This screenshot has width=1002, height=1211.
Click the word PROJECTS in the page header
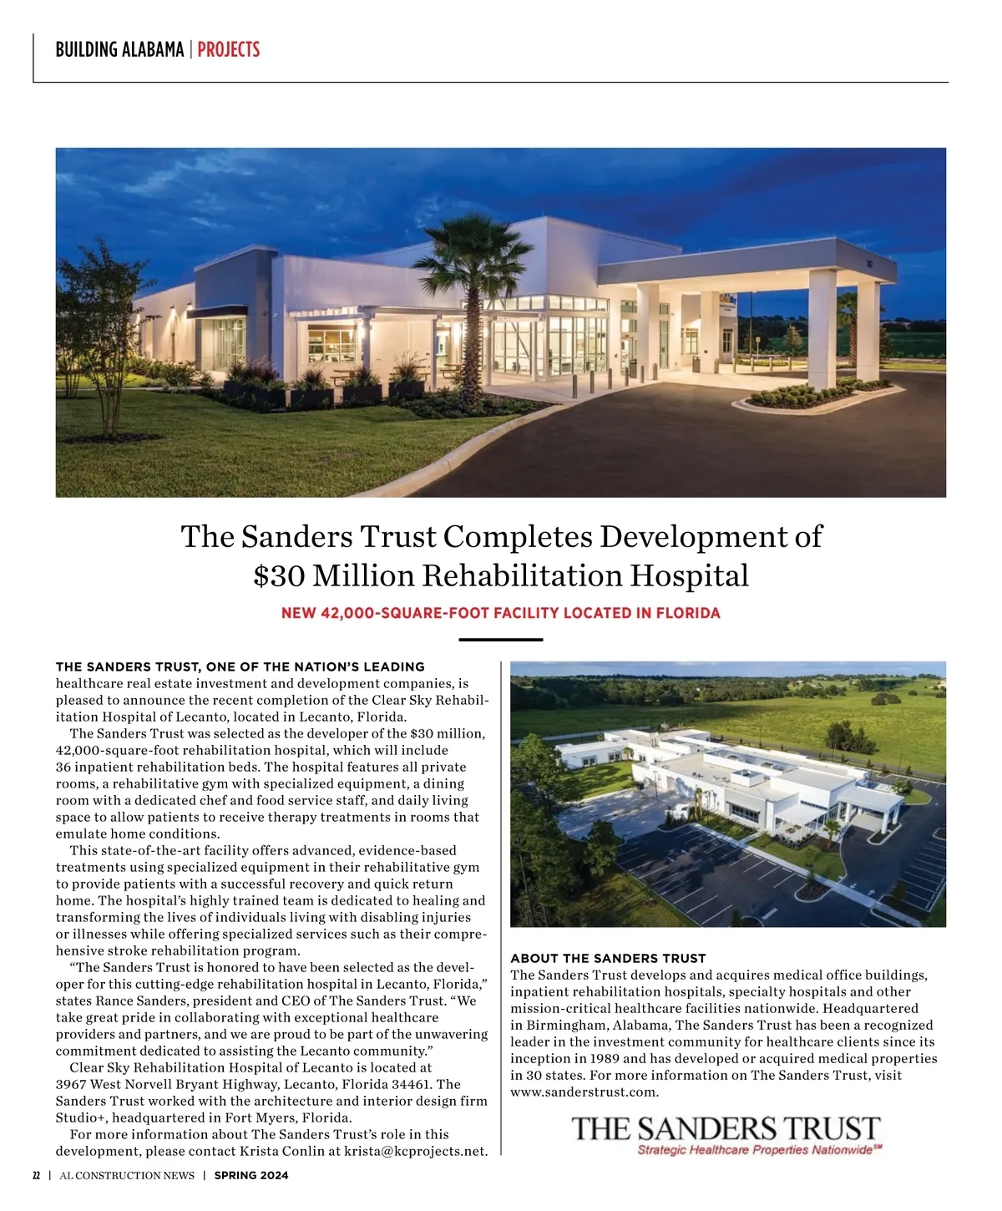coord(228,49)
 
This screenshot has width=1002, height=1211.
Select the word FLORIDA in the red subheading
coord(688,613)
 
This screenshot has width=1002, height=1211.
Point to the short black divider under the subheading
coord(501,640)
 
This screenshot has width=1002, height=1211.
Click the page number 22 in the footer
coord(36,1175)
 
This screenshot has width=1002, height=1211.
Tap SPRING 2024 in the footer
coord(251,1175)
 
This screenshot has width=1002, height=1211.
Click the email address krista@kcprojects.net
coord(416,1151)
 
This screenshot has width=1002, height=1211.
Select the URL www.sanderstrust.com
coord(584,1092)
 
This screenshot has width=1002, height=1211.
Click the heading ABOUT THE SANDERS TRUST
coord(608,958)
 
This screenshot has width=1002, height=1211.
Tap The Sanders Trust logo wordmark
coord(726,1129)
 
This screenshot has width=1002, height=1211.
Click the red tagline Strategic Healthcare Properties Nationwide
coord(756,1150)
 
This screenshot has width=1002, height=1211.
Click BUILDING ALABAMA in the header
coord(119,49)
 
